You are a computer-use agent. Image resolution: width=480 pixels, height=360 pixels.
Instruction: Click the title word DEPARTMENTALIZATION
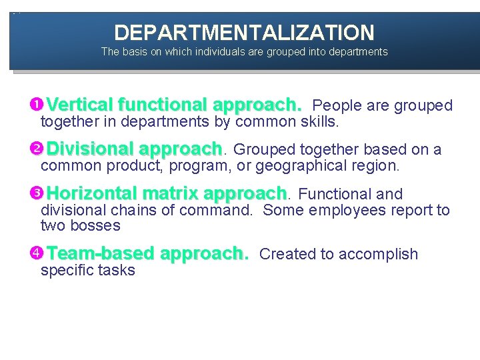pos(244,32)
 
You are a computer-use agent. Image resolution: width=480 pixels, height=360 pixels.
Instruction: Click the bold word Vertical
pos(79,105)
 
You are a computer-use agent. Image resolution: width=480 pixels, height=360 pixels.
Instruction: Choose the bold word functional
pos(163,105)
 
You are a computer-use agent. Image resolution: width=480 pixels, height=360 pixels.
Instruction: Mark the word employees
pos(333,211)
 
